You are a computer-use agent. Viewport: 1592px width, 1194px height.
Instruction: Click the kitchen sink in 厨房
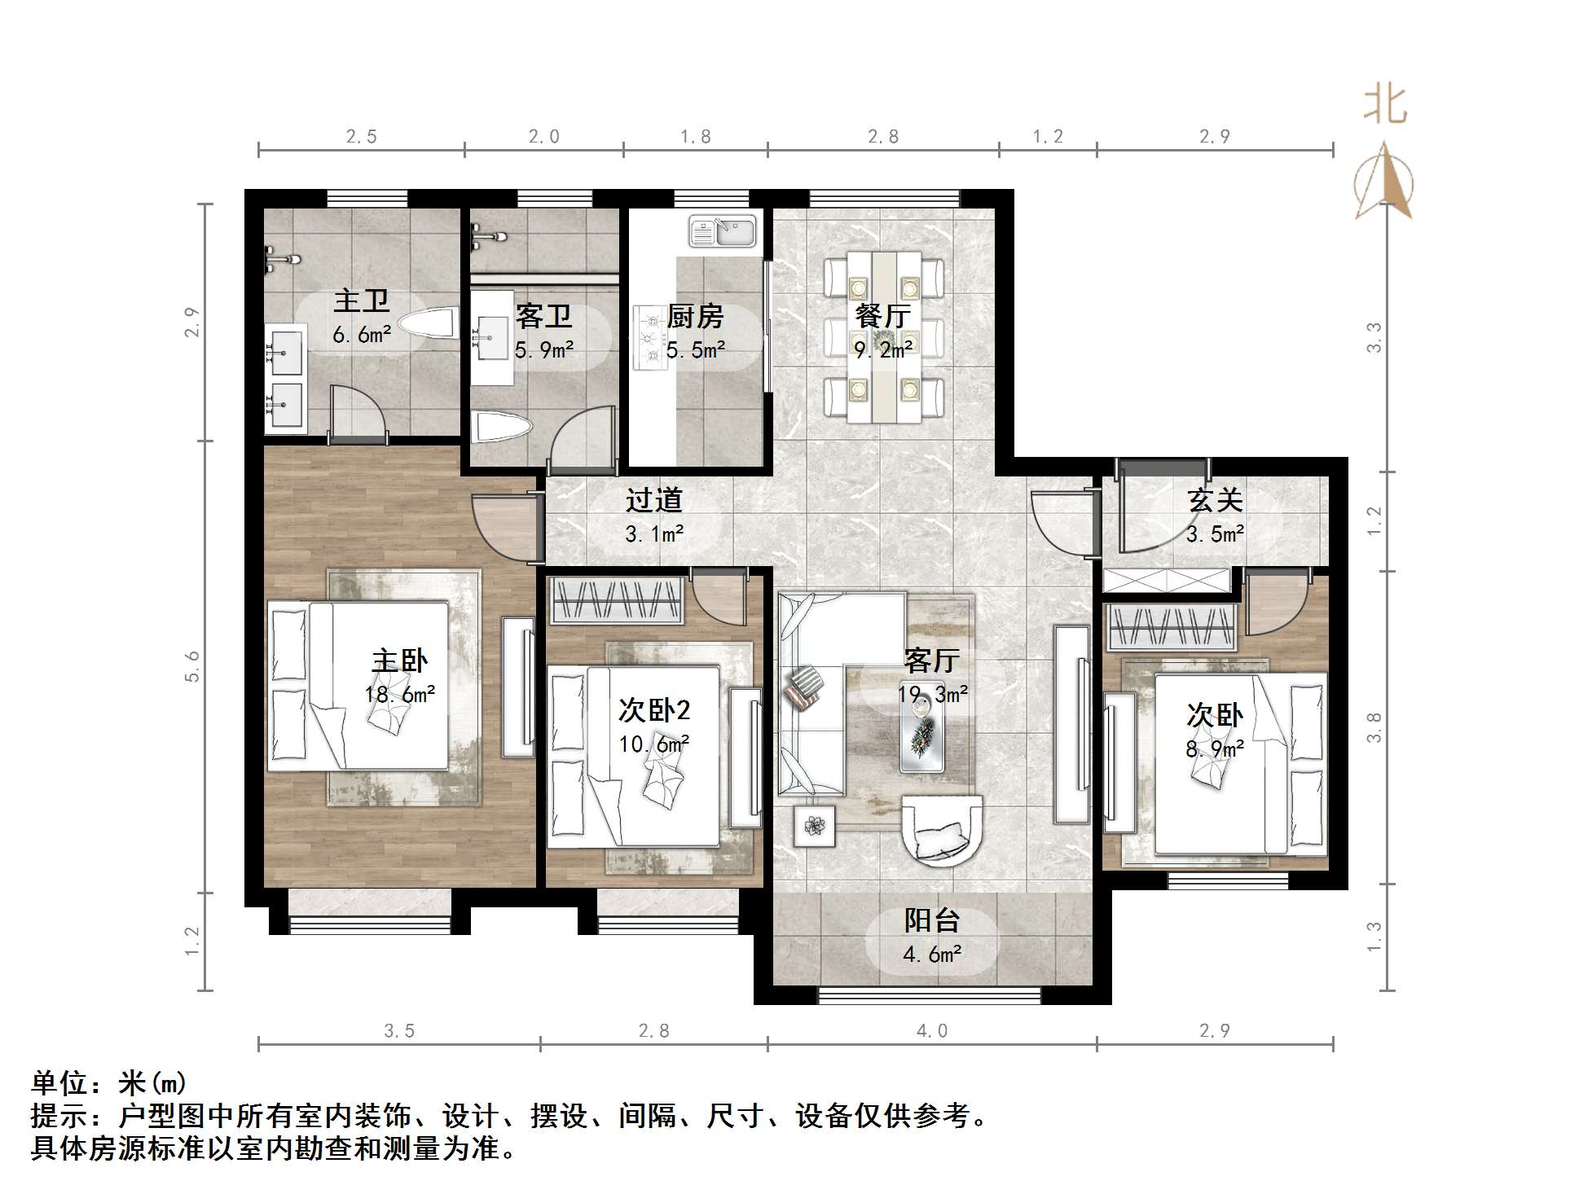pos(722,231)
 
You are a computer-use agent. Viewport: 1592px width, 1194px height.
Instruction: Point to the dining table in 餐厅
pos(884,337)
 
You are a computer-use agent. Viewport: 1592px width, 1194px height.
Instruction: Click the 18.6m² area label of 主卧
pos(399,694)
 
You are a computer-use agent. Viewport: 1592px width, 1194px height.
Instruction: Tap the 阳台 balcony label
pos(932,920)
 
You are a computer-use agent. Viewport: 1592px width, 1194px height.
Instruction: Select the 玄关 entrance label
pos(1215,500)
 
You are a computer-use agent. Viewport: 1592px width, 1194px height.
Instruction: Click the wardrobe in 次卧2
pos(617,600)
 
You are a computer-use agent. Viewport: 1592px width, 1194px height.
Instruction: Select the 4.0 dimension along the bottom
pos(932,1031)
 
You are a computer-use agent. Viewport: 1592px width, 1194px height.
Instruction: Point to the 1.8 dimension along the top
pos(696,137)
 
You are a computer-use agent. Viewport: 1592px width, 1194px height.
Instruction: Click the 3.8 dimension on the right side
pos(1374,727)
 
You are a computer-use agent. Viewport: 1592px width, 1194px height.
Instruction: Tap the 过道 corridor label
pos(653,500)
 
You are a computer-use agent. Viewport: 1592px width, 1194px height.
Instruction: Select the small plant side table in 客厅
pos(814,826)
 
